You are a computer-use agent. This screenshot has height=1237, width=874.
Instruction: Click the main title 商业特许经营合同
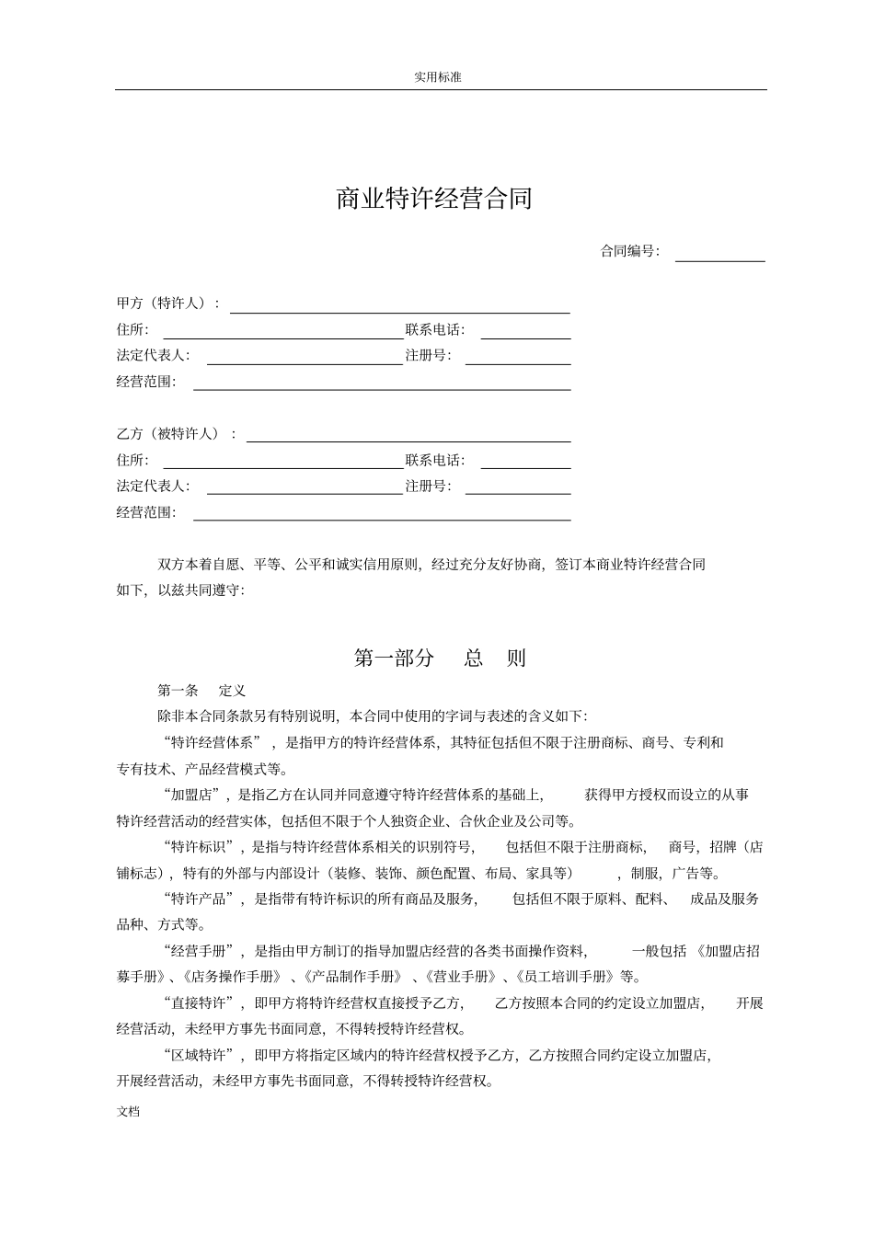coord(434,199)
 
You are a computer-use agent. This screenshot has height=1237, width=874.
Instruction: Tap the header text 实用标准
coord(438,77)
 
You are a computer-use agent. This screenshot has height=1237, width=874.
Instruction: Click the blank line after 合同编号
coord(719,256)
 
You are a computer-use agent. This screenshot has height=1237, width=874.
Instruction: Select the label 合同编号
coord(629,251)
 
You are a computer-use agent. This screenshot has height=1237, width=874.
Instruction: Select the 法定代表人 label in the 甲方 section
coord(153,356)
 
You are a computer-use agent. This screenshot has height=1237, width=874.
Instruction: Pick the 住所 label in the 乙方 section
coord(132,460)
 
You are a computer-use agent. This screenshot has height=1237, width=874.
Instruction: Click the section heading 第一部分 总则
coord(439,659)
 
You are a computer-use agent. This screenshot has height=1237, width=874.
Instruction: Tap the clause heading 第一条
coord(178,691)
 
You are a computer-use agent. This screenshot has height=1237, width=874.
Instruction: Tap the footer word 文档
coord(129,1111)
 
